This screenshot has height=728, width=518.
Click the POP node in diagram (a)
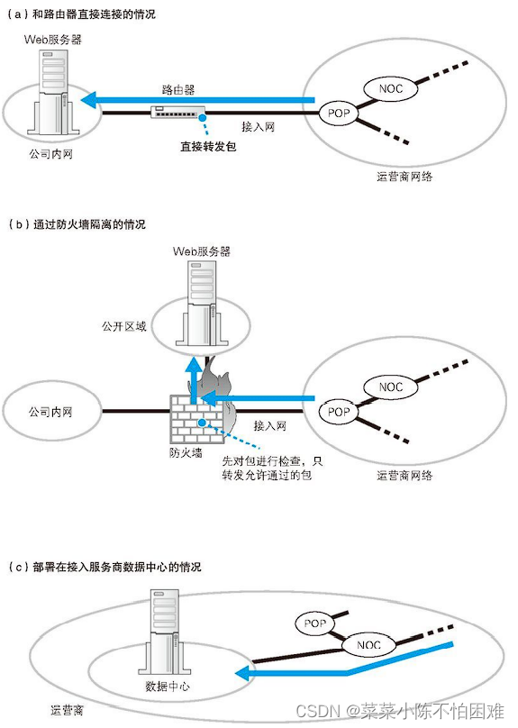coord(338,114)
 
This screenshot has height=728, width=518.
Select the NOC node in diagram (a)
coord(391,88)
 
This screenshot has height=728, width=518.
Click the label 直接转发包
coord(207,146)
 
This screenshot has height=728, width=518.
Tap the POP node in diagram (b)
coord(338,412)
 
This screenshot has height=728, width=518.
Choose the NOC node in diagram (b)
coord(391,387)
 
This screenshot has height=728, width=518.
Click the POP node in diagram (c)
coord(314,623)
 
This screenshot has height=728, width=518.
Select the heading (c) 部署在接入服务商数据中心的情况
coord(105,568)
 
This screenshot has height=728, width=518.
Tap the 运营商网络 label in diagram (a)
coord(404,177)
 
